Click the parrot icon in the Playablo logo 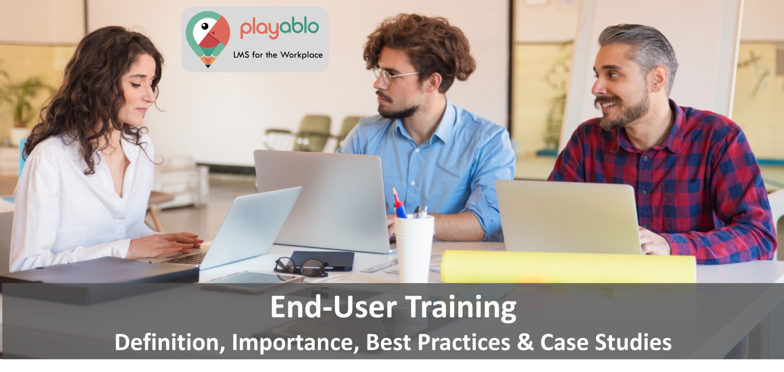pos(208,37)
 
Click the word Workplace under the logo pos(301,55)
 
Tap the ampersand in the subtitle pos(525,342)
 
